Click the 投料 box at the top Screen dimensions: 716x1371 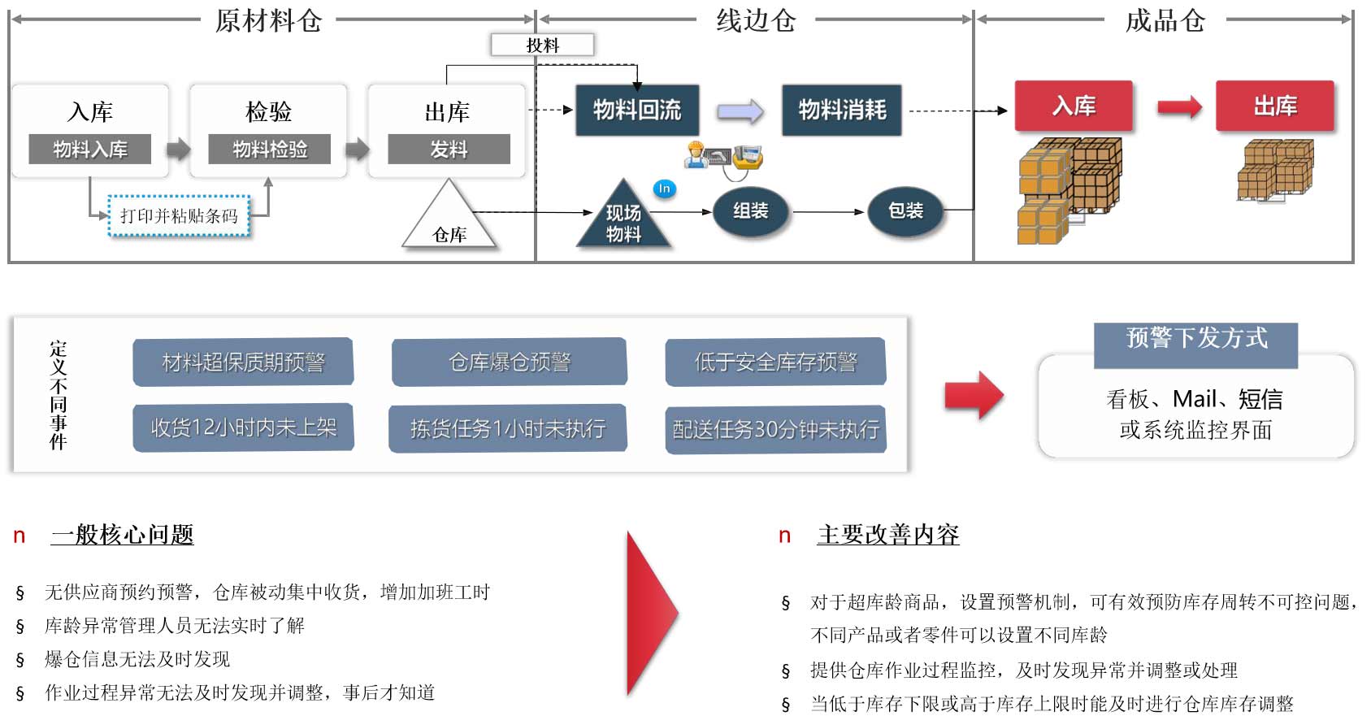pyautogui.click(x=542, y=45)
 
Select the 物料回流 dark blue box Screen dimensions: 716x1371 pyautogui.click(x=637, y=110)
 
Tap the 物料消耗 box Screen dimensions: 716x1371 pyautogui.click(x=842, y=110)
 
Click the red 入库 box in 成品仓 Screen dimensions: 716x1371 pyautogui.click(x=1074, y=106)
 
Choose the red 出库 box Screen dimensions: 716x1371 pyautogui.click(x=1274, y=106)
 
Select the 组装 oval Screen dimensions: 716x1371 pyautogui.click(x=750, y=211)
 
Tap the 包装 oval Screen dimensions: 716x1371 pyautogui.click(x=905, y=211)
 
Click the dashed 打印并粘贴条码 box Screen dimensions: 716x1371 pyautogui.click(x=179, y=216)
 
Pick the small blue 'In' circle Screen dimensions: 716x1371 pyautogui.click(x=664, y=189)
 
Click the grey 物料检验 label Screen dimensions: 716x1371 pyautogui.click(x=270, y=150)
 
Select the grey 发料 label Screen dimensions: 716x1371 pyautogui.click(x=449, y=150)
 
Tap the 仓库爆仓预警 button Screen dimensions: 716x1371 pyautogui.click(x=510, y=362)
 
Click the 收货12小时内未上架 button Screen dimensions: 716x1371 pyautogui.click(x=243, y=427)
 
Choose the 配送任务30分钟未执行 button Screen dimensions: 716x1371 pyautogui.click(x=775, y=429)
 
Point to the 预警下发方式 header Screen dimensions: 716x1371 pyautogui.click(x=1195, y=339)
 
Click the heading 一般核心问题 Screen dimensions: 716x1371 pyautogui.click(x=122, y=535)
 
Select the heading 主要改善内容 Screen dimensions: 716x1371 pyautogui.click(x=887, y=535)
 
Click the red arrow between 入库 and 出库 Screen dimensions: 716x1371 pyautogui.click(x=1178, y=106)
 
